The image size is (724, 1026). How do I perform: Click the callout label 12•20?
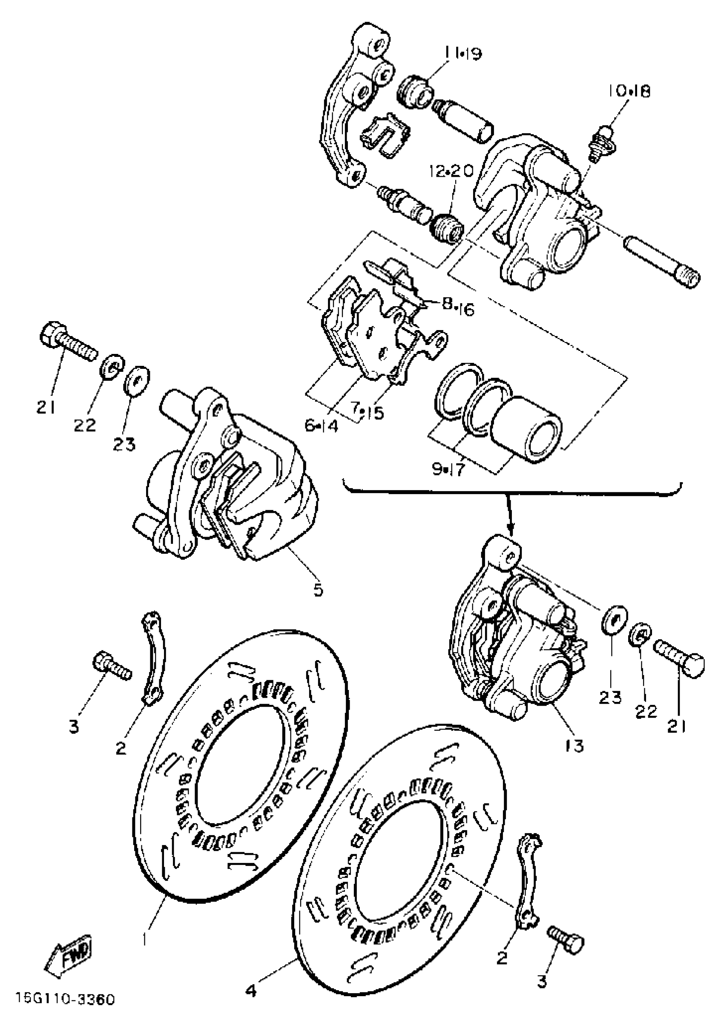(451, 171)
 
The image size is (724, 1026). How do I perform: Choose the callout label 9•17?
(448, 470)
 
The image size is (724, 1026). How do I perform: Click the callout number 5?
(318, 590)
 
